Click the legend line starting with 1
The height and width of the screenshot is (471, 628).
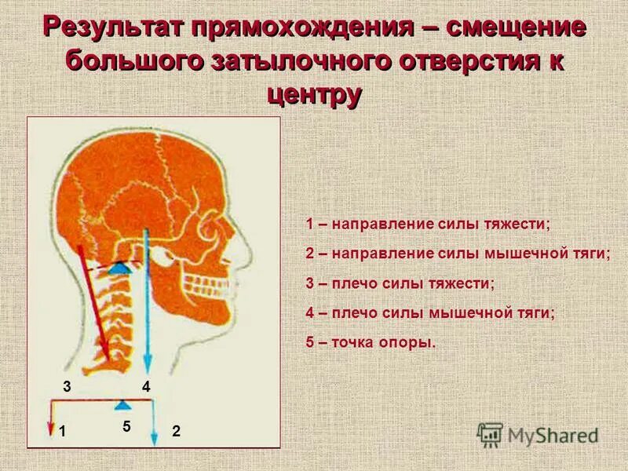point(429,225)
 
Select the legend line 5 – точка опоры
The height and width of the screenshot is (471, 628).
point(371,342)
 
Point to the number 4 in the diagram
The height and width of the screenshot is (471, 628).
point(145,386)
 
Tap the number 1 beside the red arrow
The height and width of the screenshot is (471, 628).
point(61,431)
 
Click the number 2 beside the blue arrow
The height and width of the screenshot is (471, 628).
point(176,431)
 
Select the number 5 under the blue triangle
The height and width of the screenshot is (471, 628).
point(126,426)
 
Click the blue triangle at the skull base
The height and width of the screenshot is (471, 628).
point(118,267)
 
